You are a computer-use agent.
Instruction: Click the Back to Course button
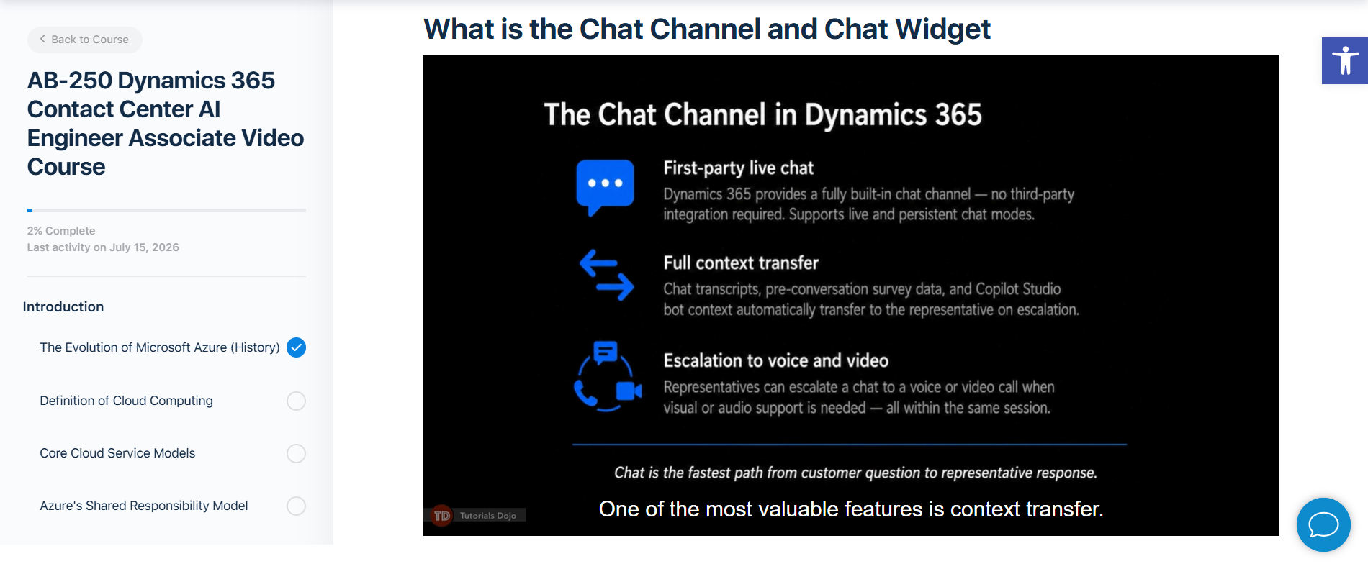pos(85,40)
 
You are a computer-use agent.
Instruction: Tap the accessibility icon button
pos(1345,61)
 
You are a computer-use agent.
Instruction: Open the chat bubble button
pos(1323,524)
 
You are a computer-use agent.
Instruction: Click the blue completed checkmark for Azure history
pos(296,347)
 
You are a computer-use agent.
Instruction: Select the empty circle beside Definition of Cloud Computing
pos(296,401)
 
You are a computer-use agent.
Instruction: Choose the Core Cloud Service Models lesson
pos(117,453)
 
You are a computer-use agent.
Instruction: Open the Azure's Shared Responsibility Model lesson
pos(144,506)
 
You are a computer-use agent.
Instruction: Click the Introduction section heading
pos(63,307)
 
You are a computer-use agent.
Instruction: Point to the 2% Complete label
pos(61,231)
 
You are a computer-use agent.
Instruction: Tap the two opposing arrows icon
pos(607,275)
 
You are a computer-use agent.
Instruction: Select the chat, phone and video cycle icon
pos(608,376)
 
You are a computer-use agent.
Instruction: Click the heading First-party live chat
pos(739,168)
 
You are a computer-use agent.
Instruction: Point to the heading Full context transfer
pos(741,263)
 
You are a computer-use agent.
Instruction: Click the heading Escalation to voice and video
pos(776,360)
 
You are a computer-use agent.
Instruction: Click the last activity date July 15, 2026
pos(144,247)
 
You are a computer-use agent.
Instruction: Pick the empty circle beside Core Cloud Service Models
pos(296,453)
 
